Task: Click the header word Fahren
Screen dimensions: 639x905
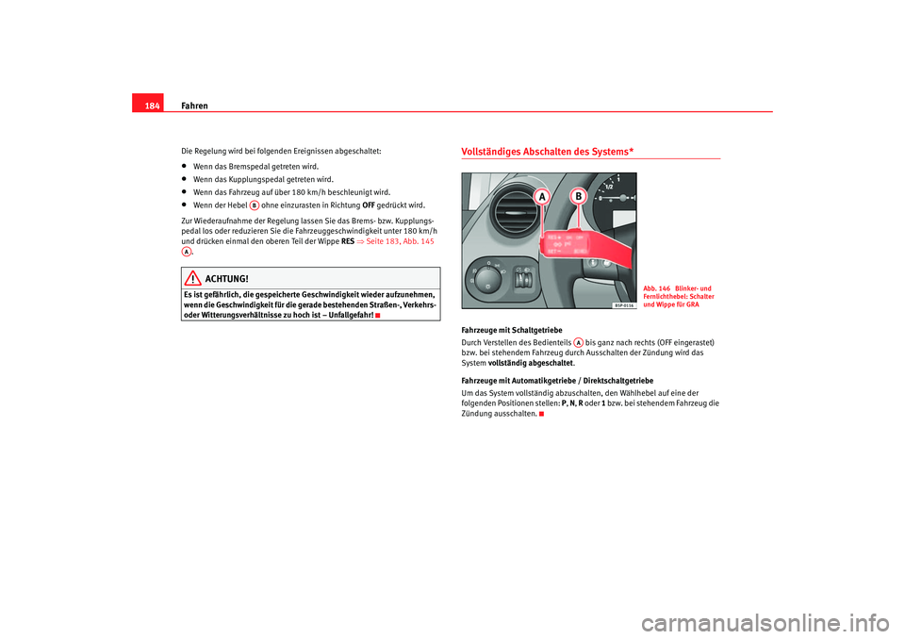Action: coord(193,105)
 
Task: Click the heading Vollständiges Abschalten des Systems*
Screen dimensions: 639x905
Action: coord(547,152)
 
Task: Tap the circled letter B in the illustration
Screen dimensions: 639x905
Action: coord(577,197)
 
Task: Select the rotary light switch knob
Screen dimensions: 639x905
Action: coord(489,278)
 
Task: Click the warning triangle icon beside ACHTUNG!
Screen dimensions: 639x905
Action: coord(191,279)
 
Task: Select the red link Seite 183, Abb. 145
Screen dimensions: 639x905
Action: coord(399,241)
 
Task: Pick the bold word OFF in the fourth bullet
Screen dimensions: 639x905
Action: coord(369,205)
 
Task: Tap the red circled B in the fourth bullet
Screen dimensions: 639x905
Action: coord(255,205)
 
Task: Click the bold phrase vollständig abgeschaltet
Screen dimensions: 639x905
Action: coord(530,363)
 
